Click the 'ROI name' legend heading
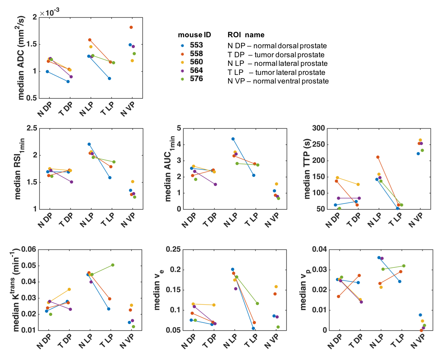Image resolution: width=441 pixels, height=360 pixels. pyautogui.click(x=246, y=35)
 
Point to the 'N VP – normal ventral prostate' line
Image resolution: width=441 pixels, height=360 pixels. pyautogui.click(x=278, y=81)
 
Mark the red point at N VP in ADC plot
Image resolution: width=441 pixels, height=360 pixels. pyautogui.click(x=131, y=27)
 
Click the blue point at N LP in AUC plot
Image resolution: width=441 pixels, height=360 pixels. pyautogui.click(x=233, y=139)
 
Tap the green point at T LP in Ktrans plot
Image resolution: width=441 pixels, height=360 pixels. pyautogui.click(x=113, y=265)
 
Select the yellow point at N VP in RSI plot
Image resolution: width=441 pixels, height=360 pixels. pyautogui.click(x=133, y=182)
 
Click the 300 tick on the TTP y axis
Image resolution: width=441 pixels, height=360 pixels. pyautogui.click(x=319, y=128)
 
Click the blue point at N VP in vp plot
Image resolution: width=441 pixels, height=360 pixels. pyautogui.click(x=420, y=315)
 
